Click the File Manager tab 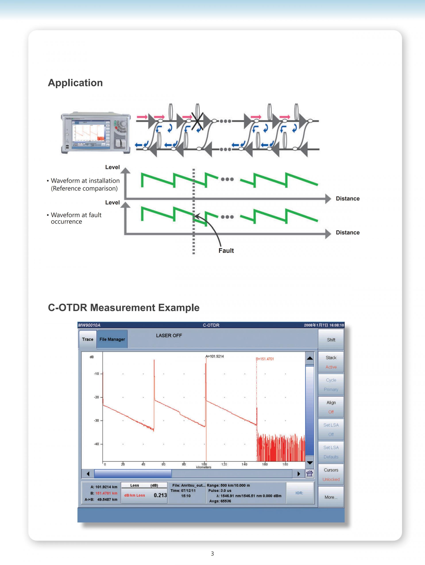(x=112, y=339)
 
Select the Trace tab (x=87, y=339)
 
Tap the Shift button (x=331, y=340)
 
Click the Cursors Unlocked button (x=331, y=475)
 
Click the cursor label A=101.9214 (x=214, y=356)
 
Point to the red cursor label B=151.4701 (x=265, y=359)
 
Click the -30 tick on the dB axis (x=97, y=421)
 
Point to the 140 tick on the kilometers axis (x=244, y=464)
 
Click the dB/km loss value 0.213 (x=160, y=495)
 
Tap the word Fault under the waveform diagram (x=226, y=251)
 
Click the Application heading (x=75, y=83)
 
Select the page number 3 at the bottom (x=212, y=553)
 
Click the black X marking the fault (x=197, y=121)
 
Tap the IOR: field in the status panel (x=299, y=493)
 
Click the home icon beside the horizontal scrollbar (x=310, y=474)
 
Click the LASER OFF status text (x=169, y=336)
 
